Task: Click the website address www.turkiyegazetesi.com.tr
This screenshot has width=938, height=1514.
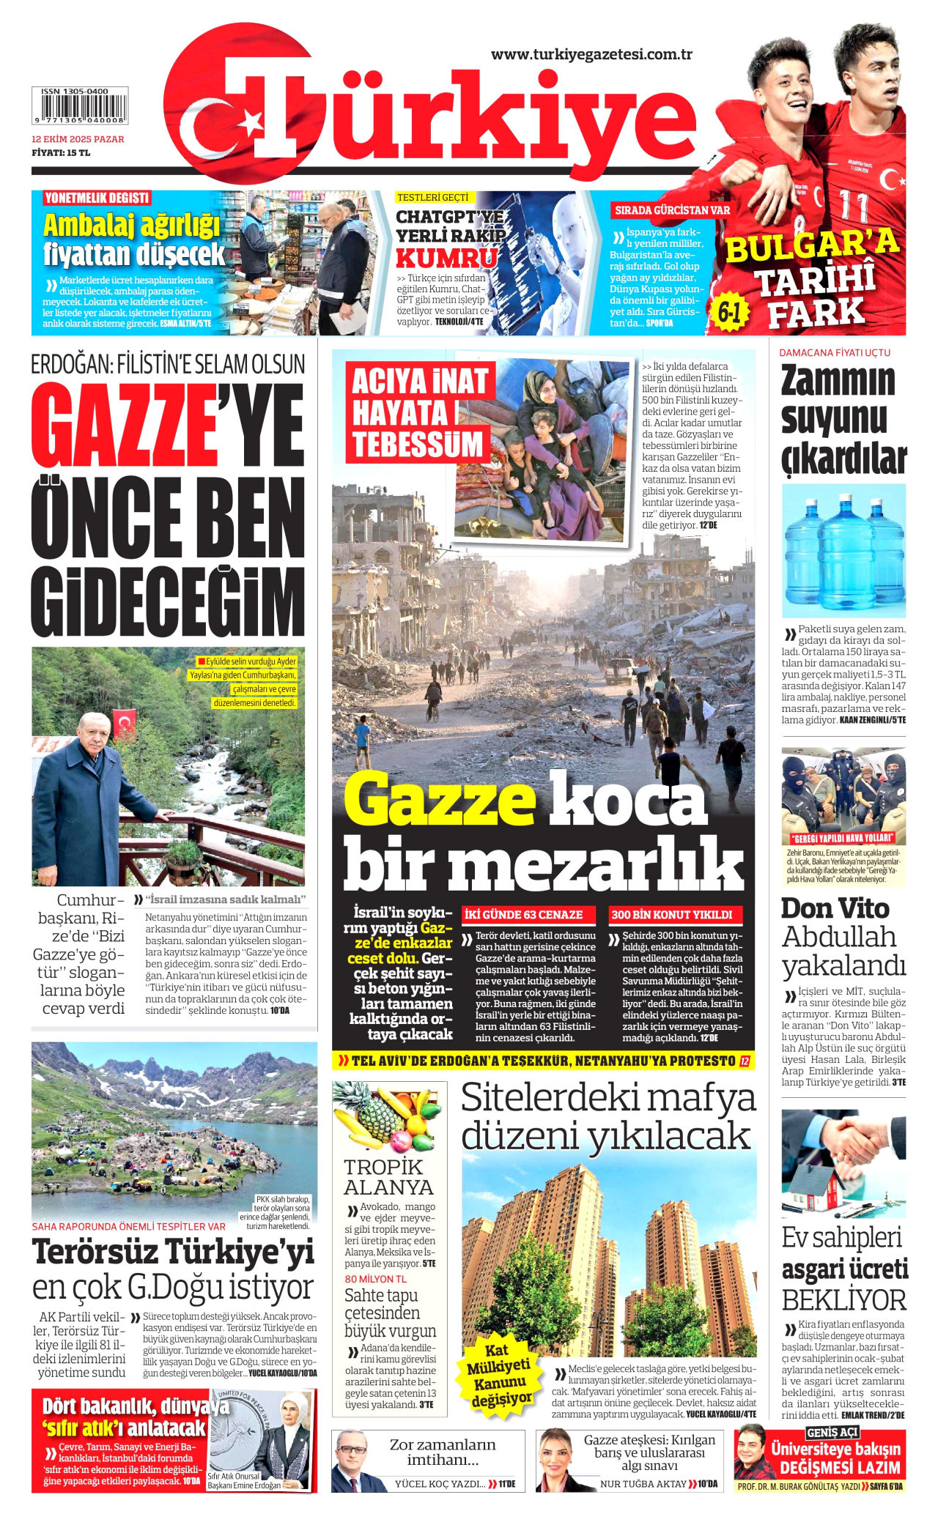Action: tap(591, 55)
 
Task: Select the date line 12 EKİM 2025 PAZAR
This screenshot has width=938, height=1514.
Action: tap(78, 139)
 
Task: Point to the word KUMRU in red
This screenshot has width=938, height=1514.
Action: tap(446, 259)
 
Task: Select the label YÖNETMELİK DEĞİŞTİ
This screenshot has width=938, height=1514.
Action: tap(97, 198)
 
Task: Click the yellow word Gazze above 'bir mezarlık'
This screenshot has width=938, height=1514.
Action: tap(440, 801)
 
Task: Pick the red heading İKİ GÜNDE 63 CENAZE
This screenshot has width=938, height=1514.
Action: tap(523, 915)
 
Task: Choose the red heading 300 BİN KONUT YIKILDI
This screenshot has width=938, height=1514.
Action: tap(671, 915)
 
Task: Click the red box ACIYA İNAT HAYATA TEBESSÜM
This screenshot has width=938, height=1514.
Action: tap(419, 412)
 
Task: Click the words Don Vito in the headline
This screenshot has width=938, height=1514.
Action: tap(835, 908)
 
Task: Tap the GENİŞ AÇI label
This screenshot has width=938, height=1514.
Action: tap(832, 1433)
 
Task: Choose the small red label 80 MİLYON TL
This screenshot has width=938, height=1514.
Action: tap(375, 1279)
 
